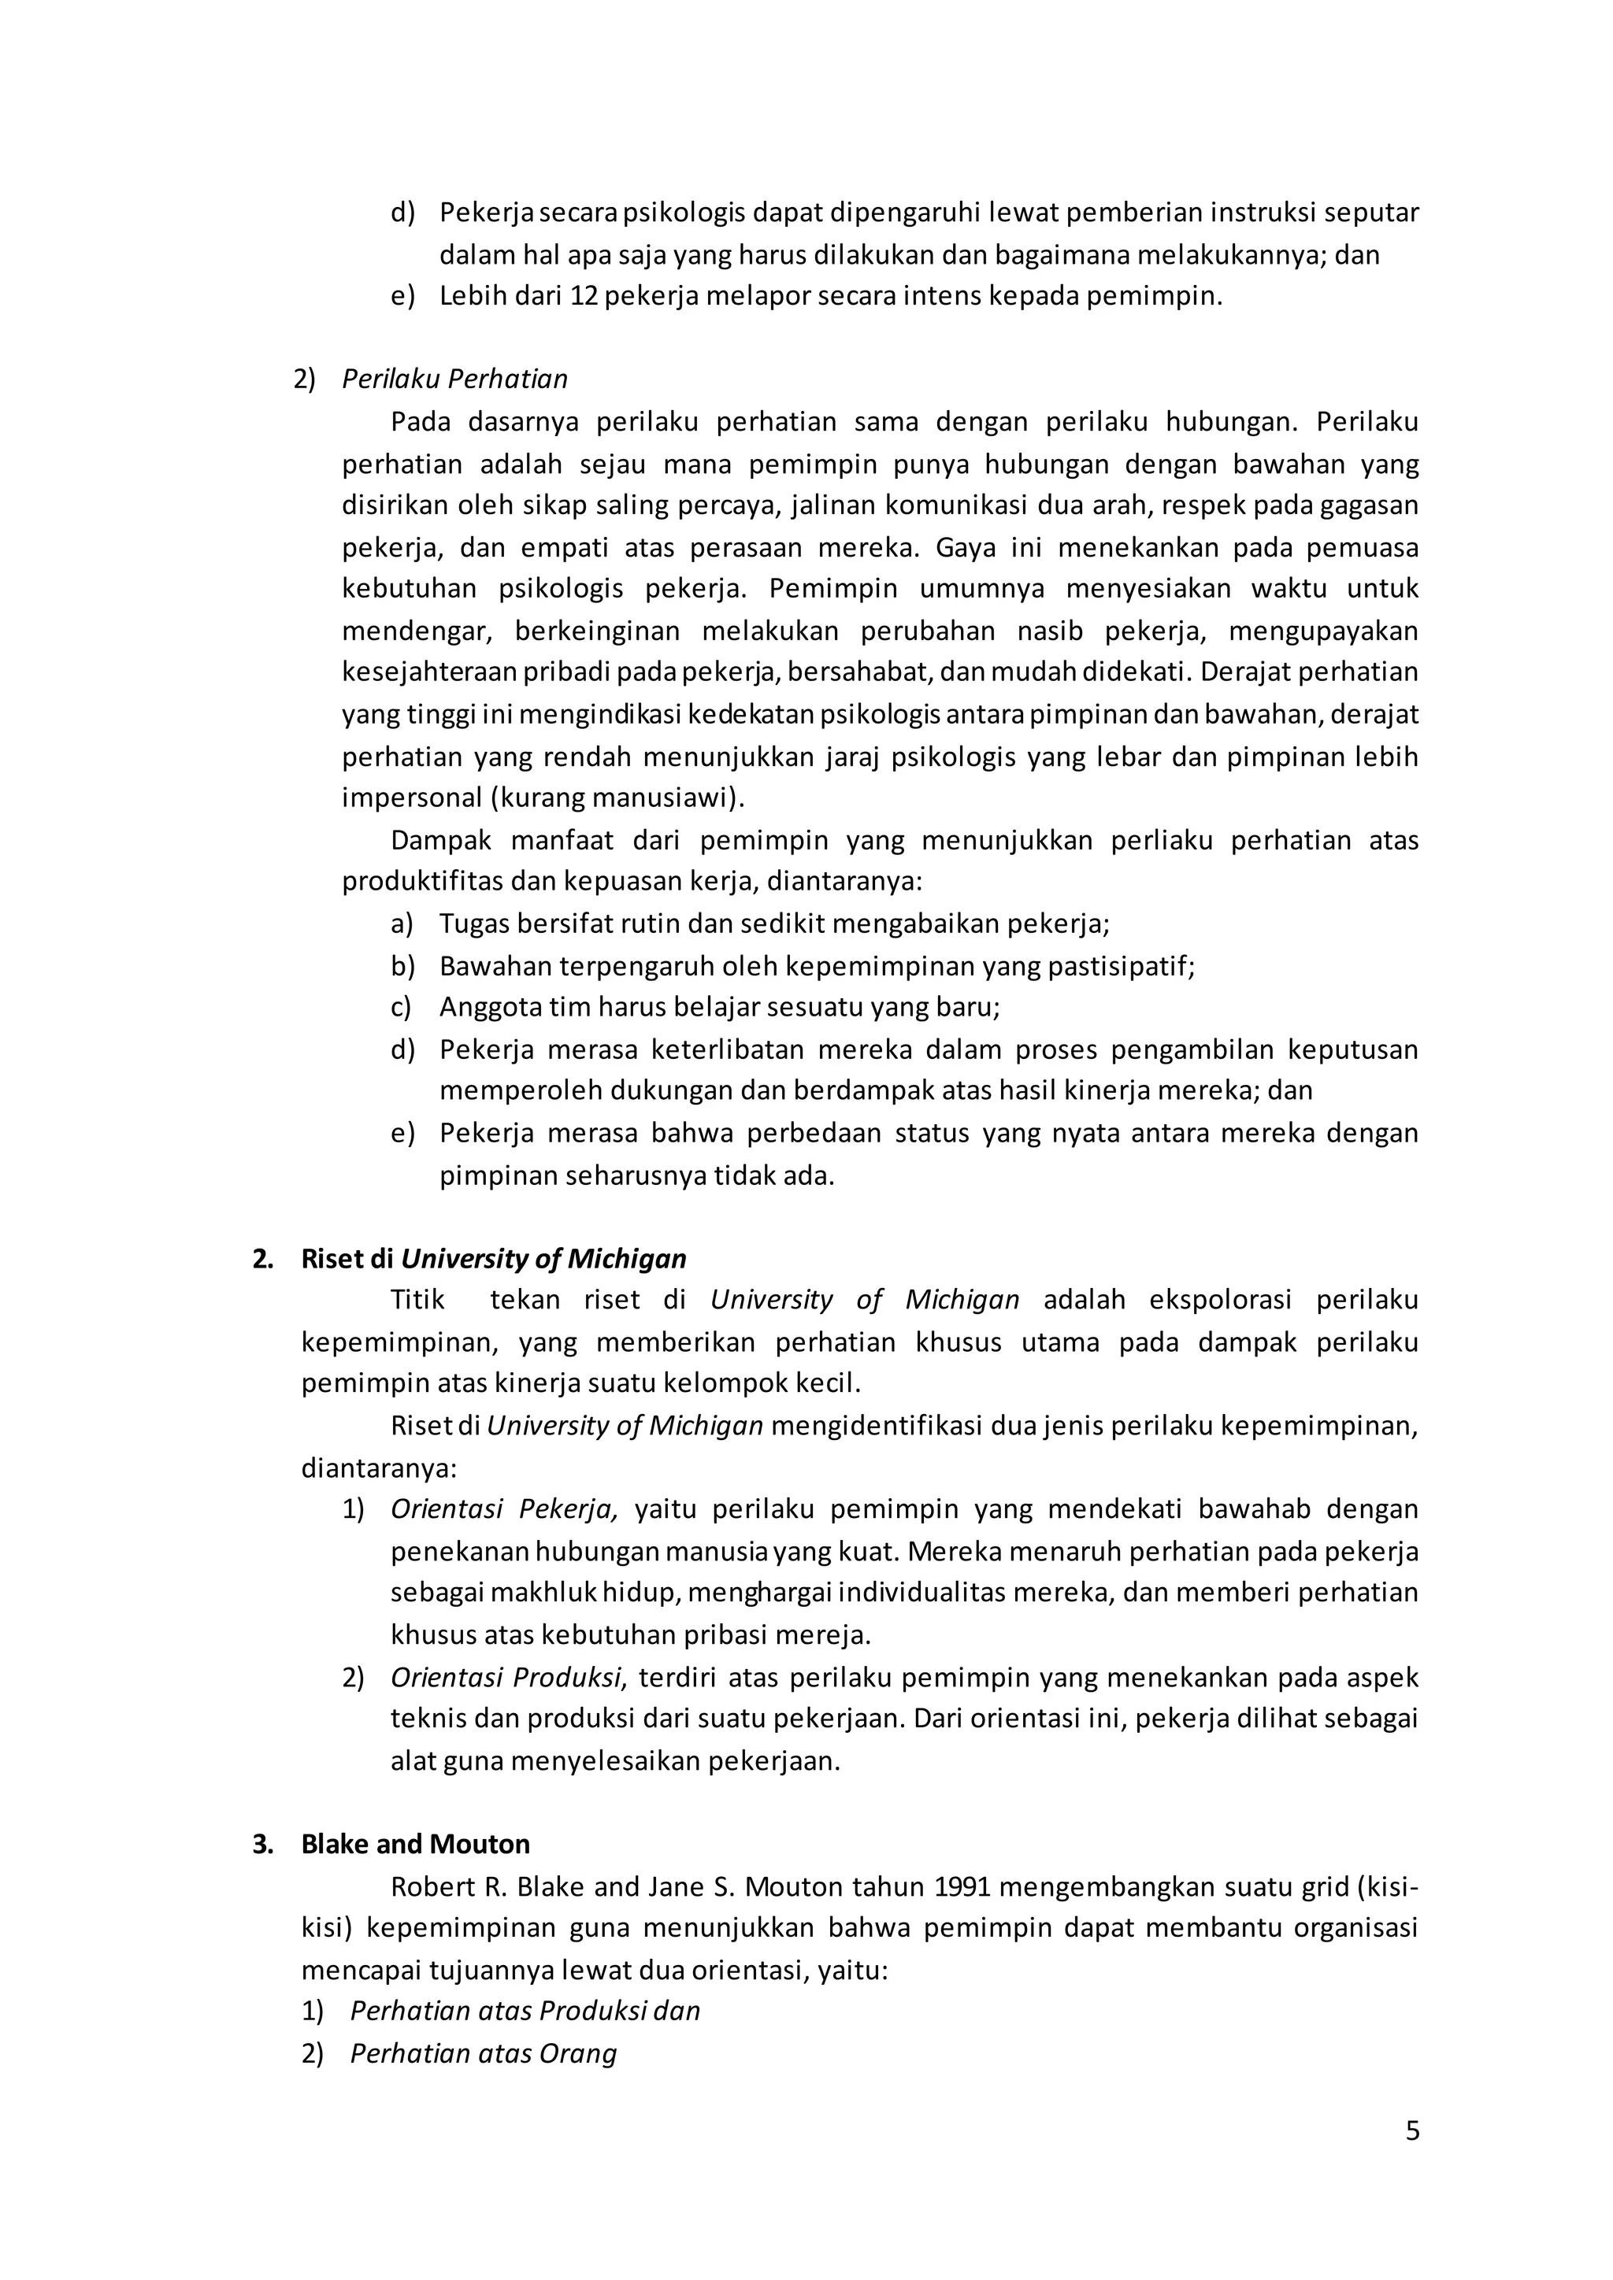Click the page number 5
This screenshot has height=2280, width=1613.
pos(1412,2132)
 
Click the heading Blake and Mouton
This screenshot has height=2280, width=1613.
pos(415,1844)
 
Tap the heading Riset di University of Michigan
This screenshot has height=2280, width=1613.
pos(494,1258)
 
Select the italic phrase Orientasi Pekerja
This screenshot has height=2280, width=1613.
pos(503,1509)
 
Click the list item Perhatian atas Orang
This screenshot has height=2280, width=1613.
pos(483,2052)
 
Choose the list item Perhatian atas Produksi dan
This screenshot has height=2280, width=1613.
pos(525,2011)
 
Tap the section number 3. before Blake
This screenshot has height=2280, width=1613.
pos(262,1844)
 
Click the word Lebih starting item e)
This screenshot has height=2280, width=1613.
pos(472,296)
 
